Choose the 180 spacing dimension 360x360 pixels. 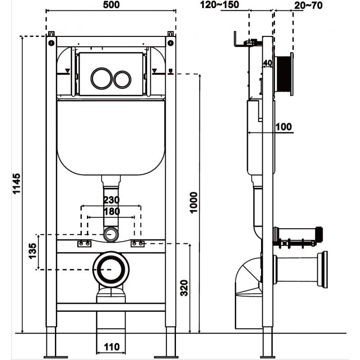tap(111, 211)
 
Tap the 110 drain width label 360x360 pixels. tap(111, 346)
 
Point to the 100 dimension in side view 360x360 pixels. tap(283, 126)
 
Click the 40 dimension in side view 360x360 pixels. tap(268, 63)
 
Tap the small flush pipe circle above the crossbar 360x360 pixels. tap(111, 234)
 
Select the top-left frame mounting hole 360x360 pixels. tap(51, 43)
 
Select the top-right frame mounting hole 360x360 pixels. tap(171, 43)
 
